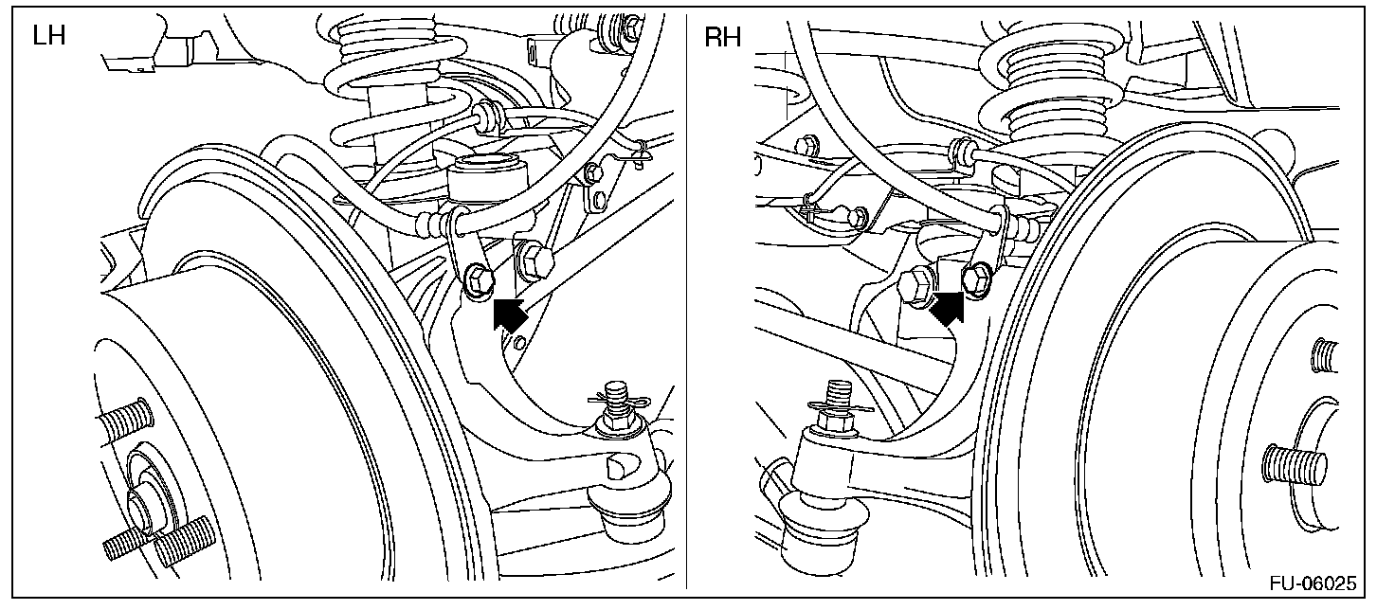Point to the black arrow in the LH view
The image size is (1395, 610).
tap(509, 314)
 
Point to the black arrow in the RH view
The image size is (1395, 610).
tap(946, 308)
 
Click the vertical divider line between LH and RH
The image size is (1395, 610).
tap(687, 303)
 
